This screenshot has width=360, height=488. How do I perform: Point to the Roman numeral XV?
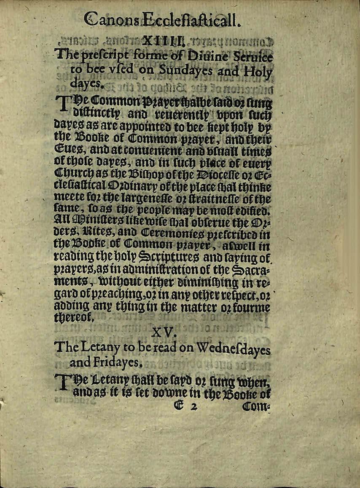click(163, 332)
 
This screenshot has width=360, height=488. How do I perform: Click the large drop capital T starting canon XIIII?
click(62, 106)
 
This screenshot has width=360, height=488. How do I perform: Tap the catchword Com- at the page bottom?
click(254, 406)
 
